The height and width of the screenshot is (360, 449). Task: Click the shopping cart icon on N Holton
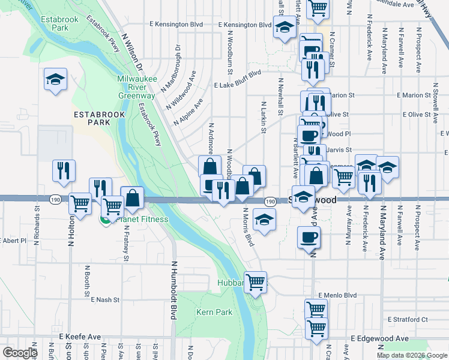pyautogui.click(x=80, y=203)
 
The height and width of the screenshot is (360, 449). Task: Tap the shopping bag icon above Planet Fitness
pyautogui.click(x=131, y=197)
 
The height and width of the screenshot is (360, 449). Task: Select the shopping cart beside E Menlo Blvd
pyautogui.click(x=315, y=309)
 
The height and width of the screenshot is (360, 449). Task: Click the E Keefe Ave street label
pyautogui.click(x=79, y=338)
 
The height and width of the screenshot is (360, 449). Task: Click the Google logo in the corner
pyautogui.click(x=19, y=353)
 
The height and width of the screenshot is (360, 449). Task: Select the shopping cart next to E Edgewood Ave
pyautogui.click(x=316, y=328)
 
